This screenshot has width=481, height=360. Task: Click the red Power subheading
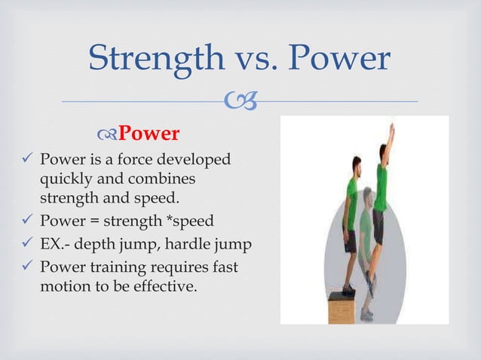pos(149,134)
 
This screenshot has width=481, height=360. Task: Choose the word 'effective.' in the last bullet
pos(164,286)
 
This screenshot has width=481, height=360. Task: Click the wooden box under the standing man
pos(345,306)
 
